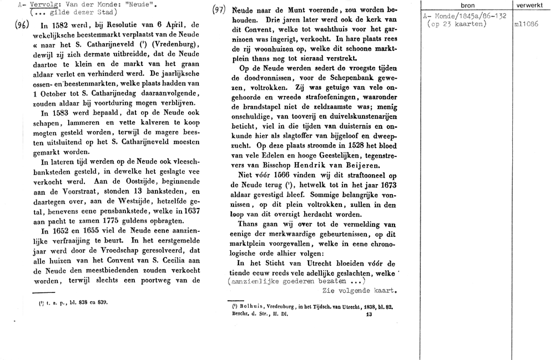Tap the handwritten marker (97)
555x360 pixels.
pos(220,10)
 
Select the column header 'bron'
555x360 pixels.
pos(467,5)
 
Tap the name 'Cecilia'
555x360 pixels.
pos(165,261)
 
